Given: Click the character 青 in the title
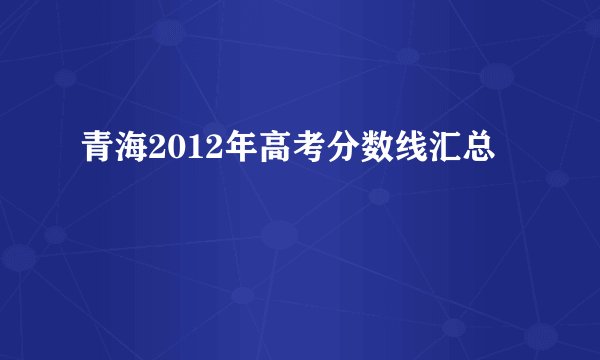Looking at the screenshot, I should point(98,153).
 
